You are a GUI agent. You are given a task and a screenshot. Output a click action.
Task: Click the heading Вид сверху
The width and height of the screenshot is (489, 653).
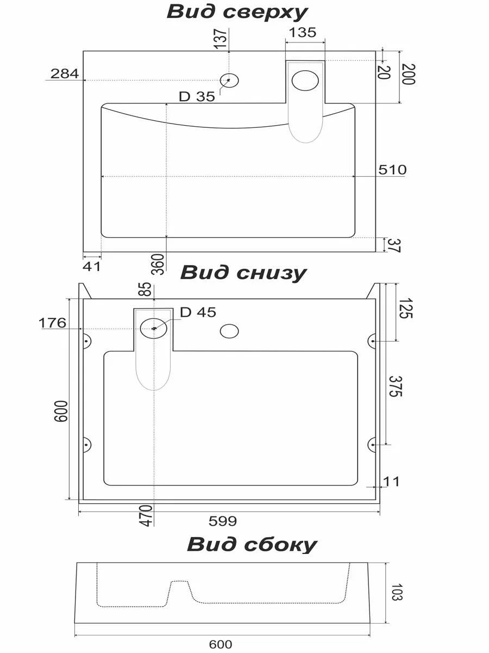tap(237, 12)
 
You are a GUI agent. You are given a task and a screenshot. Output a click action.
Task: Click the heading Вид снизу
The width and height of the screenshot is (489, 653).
tap(243, 273)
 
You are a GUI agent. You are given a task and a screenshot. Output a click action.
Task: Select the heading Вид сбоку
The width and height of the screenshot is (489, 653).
tap(252, 544)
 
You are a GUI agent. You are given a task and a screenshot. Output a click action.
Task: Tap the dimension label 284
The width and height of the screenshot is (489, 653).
tap(65, 73)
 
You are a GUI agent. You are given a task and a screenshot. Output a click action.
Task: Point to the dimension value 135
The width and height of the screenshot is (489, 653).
tap(302, 33)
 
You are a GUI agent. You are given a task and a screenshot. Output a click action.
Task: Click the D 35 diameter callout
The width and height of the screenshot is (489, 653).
tap(197, 97)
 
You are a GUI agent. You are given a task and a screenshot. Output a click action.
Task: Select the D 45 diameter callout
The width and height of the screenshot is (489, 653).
tap(198, 312)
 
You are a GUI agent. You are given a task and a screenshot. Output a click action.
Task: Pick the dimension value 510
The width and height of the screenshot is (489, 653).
tap(392, 170)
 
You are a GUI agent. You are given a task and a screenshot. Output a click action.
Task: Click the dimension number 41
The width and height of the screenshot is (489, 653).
tap(92, 266)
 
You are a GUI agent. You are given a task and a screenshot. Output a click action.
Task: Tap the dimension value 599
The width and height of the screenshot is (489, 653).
tap(223, 521)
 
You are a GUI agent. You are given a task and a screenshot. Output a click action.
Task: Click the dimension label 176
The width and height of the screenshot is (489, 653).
tap(52, 323)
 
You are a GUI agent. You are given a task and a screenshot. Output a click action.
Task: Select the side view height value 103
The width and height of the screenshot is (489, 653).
tap(396, 592)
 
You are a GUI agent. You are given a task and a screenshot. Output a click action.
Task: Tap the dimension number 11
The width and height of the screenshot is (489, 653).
tap(391, 482)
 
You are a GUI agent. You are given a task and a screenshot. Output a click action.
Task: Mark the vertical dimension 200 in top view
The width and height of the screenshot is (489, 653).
tap(409, 75)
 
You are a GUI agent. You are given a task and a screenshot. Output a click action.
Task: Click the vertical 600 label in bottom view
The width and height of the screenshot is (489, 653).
tap(60, 411)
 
